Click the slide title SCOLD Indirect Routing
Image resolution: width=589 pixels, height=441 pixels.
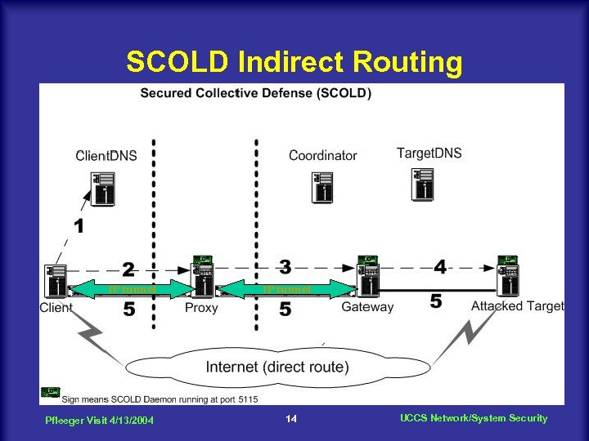(x=294, y=62)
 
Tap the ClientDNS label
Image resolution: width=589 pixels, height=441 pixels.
(x=106, y=155)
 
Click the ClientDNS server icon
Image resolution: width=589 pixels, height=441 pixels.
(x=103, y=189)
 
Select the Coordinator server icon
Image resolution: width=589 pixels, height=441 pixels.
(x=323, y=187)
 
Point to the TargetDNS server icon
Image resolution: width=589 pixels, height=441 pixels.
(x=423, y=185)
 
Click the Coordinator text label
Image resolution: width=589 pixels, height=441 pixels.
(x=322, y=155)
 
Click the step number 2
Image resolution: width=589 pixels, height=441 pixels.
(x=128, y=269)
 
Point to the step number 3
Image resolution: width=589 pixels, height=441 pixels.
(x=285, y=266)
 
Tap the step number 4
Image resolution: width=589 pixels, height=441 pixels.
(x=440, y=266)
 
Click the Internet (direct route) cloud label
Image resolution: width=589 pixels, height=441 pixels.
(x=277, y=367)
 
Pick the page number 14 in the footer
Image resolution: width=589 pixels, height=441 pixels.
(x=290, y=419)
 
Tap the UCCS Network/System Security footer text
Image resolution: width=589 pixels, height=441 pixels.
(x=474, y=418)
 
